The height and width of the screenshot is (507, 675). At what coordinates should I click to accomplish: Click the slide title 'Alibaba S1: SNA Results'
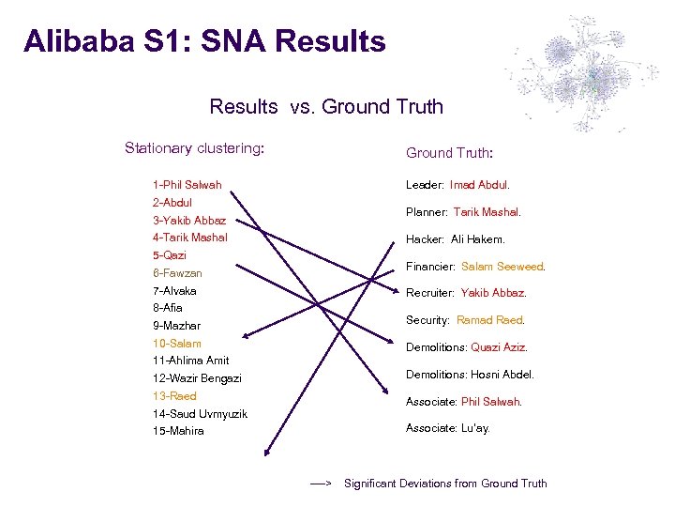click(x=204, y=42)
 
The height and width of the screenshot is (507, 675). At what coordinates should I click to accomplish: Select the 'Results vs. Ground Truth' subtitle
click(x=326, y=107)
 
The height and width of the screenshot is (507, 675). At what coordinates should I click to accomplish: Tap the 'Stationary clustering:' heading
click(x=194, y=148)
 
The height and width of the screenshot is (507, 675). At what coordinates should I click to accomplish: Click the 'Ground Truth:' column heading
click(x=449, y=153)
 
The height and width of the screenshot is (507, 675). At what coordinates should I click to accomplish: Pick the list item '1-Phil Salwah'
click(x=187, y=185)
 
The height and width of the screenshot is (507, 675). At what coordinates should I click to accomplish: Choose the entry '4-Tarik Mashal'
click(x=189, y=238)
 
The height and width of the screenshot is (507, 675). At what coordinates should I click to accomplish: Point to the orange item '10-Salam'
click(x=176, y=344)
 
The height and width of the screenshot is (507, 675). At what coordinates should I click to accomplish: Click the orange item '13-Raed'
click(x=174, y=396)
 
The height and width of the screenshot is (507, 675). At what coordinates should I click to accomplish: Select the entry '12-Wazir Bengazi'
click(x=196, y=378)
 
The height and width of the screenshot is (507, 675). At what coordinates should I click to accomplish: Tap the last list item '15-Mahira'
click(x=177, y=431)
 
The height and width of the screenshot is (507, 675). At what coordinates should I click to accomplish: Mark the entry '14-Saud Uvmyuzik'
click(x=199, y=414)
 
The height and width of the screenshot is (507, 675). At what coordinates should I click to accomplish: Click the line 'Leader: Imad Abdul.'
click(x=457, y=185)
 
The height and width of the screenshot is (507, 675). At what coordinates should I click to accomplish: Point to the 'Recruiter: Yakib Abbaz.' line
click(x=466, y=293)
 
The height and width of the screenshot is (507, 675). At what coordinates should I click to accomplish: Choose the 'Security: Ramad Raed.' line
click(x=465, y=320)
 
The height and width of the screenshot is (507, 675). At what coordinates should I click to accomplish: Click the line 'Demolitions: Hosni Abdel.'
click(x=470, y=375)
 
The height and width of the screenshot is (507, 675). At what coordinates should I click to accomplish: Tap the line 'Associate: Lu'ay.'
click(x=447, y=428)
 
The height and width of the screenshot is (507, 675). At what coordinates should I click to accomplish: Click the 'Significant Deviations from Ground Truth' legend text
click(x=445, y=484)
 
